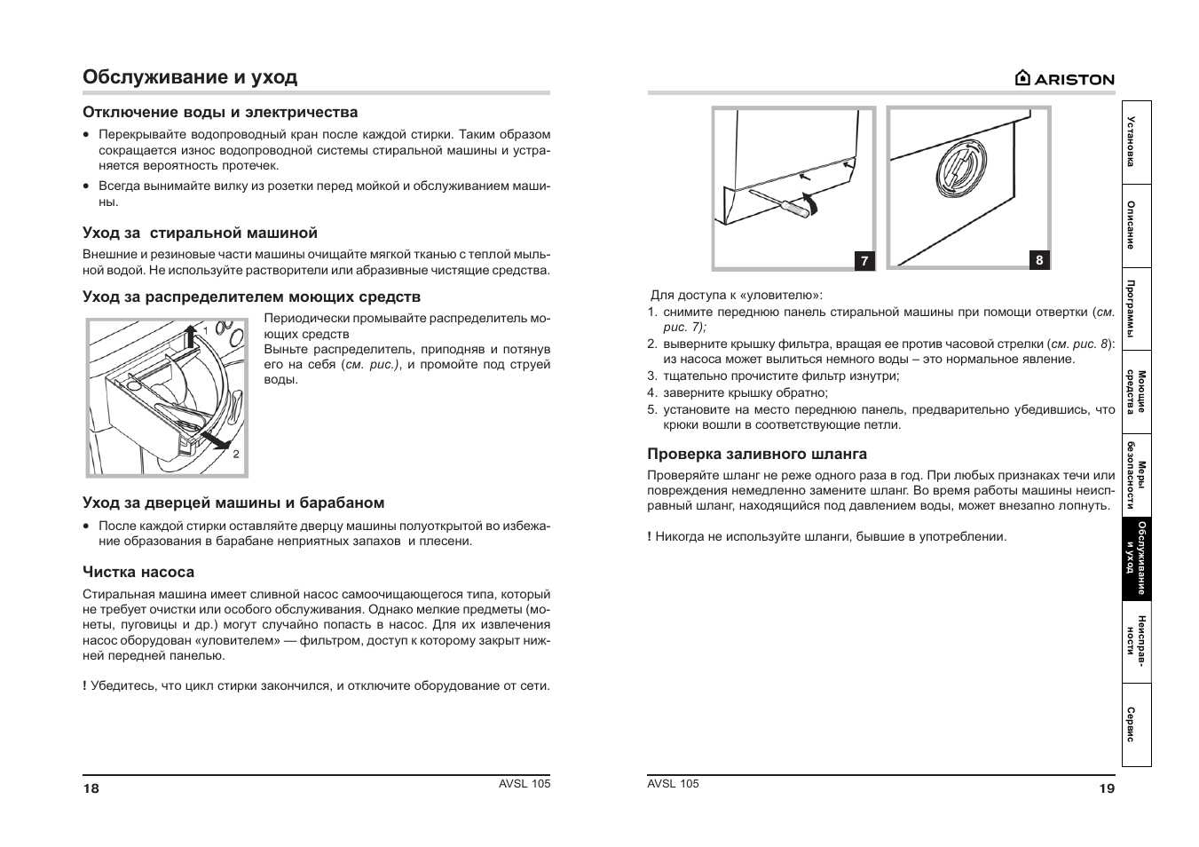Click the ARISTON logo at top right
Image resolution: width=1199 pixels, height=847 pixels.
click(1064, 78)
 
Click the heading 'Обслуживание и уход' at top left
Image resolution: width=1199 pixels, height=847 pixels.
click(190, 77)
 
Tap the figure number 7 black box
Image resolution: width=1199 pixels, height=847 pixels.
click(864, 261)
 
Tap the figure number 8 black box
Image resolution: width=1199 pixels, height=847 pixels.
click(1039, 260)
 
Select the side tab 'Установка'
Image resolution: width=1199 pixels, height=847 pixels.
click(1136, 142)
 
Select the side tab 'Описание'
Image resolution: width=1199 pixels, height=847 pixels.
click(1136, 226)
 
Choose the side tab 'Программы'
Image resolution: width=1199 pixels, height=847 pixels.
click(1136, 308)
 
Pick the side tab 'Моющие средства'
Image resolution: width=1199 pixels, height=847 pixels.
click(1136, 392)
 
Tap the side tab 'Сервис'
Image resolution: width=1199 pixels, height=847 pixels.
click(1136, 724)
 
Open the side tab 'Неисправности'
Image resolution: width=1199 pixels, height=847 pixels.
click(1136, 642)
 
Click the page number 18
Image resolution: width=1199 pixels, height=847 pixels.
click(91, 788)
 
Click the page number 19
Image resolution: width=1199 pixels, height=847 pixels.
click(1106, 788)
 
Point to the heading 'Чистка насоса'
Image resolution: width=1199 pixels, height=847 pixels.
click(138, 572)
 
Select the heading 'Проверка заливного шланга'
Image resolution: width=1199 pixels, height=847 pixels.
click(757, 454)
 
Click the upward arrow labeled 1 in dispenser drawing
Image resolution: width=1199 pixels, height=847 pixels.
click(190, 337)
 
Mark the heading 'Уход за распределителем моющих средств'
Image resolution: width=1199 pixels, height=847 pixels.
click(252, 297)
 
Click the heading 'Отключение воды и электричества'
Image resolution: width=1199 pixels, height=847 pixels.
click(221, 112)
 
